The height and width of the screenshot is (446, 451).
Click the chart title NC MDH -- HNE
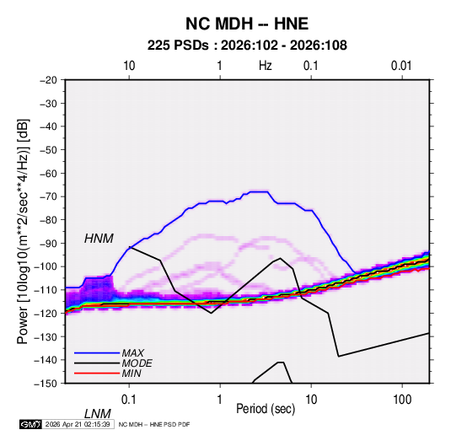tap(247, 24)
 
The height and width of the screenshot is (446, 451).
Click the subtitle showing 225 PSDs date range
tap(247, 46)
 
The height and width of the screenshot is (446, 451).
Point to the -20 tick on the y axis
tap(48, 80)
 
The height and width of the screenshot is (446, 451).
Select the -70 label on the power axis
tap(48, 196)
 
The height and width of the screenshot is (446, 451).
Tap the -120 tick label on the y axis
tap(46, 313)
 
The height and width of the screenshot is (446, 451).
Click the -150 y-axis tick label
tap(46, 384)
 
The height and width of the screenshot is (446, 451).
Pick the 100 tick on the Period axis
tap(402, 400)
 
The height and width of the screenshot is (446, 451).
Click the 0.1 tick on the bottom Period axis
tap(128, 400)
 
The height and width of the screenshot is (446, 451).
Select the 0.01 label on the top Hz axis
tap(401, 66)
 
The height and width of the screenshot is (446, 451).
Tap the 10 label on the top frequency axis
tap(129, 66)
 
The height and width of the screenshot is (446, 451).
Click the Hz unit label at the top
tap(266, 66)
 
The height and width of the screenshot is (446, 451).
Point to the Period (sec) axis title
tap(266, 409)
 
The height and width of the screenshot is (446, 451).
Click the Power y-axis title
tap(23, 232)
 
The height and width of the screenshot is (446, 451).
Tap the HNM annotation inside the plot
tap(99, 239)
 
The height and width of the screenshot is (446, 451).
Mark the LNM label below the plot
tap(98, 414)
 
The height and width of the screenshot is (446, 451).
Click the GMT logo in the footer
tap(30, 424)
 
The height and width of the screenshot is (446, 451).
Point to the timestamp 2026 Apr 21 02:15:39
tap(78, 424)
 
